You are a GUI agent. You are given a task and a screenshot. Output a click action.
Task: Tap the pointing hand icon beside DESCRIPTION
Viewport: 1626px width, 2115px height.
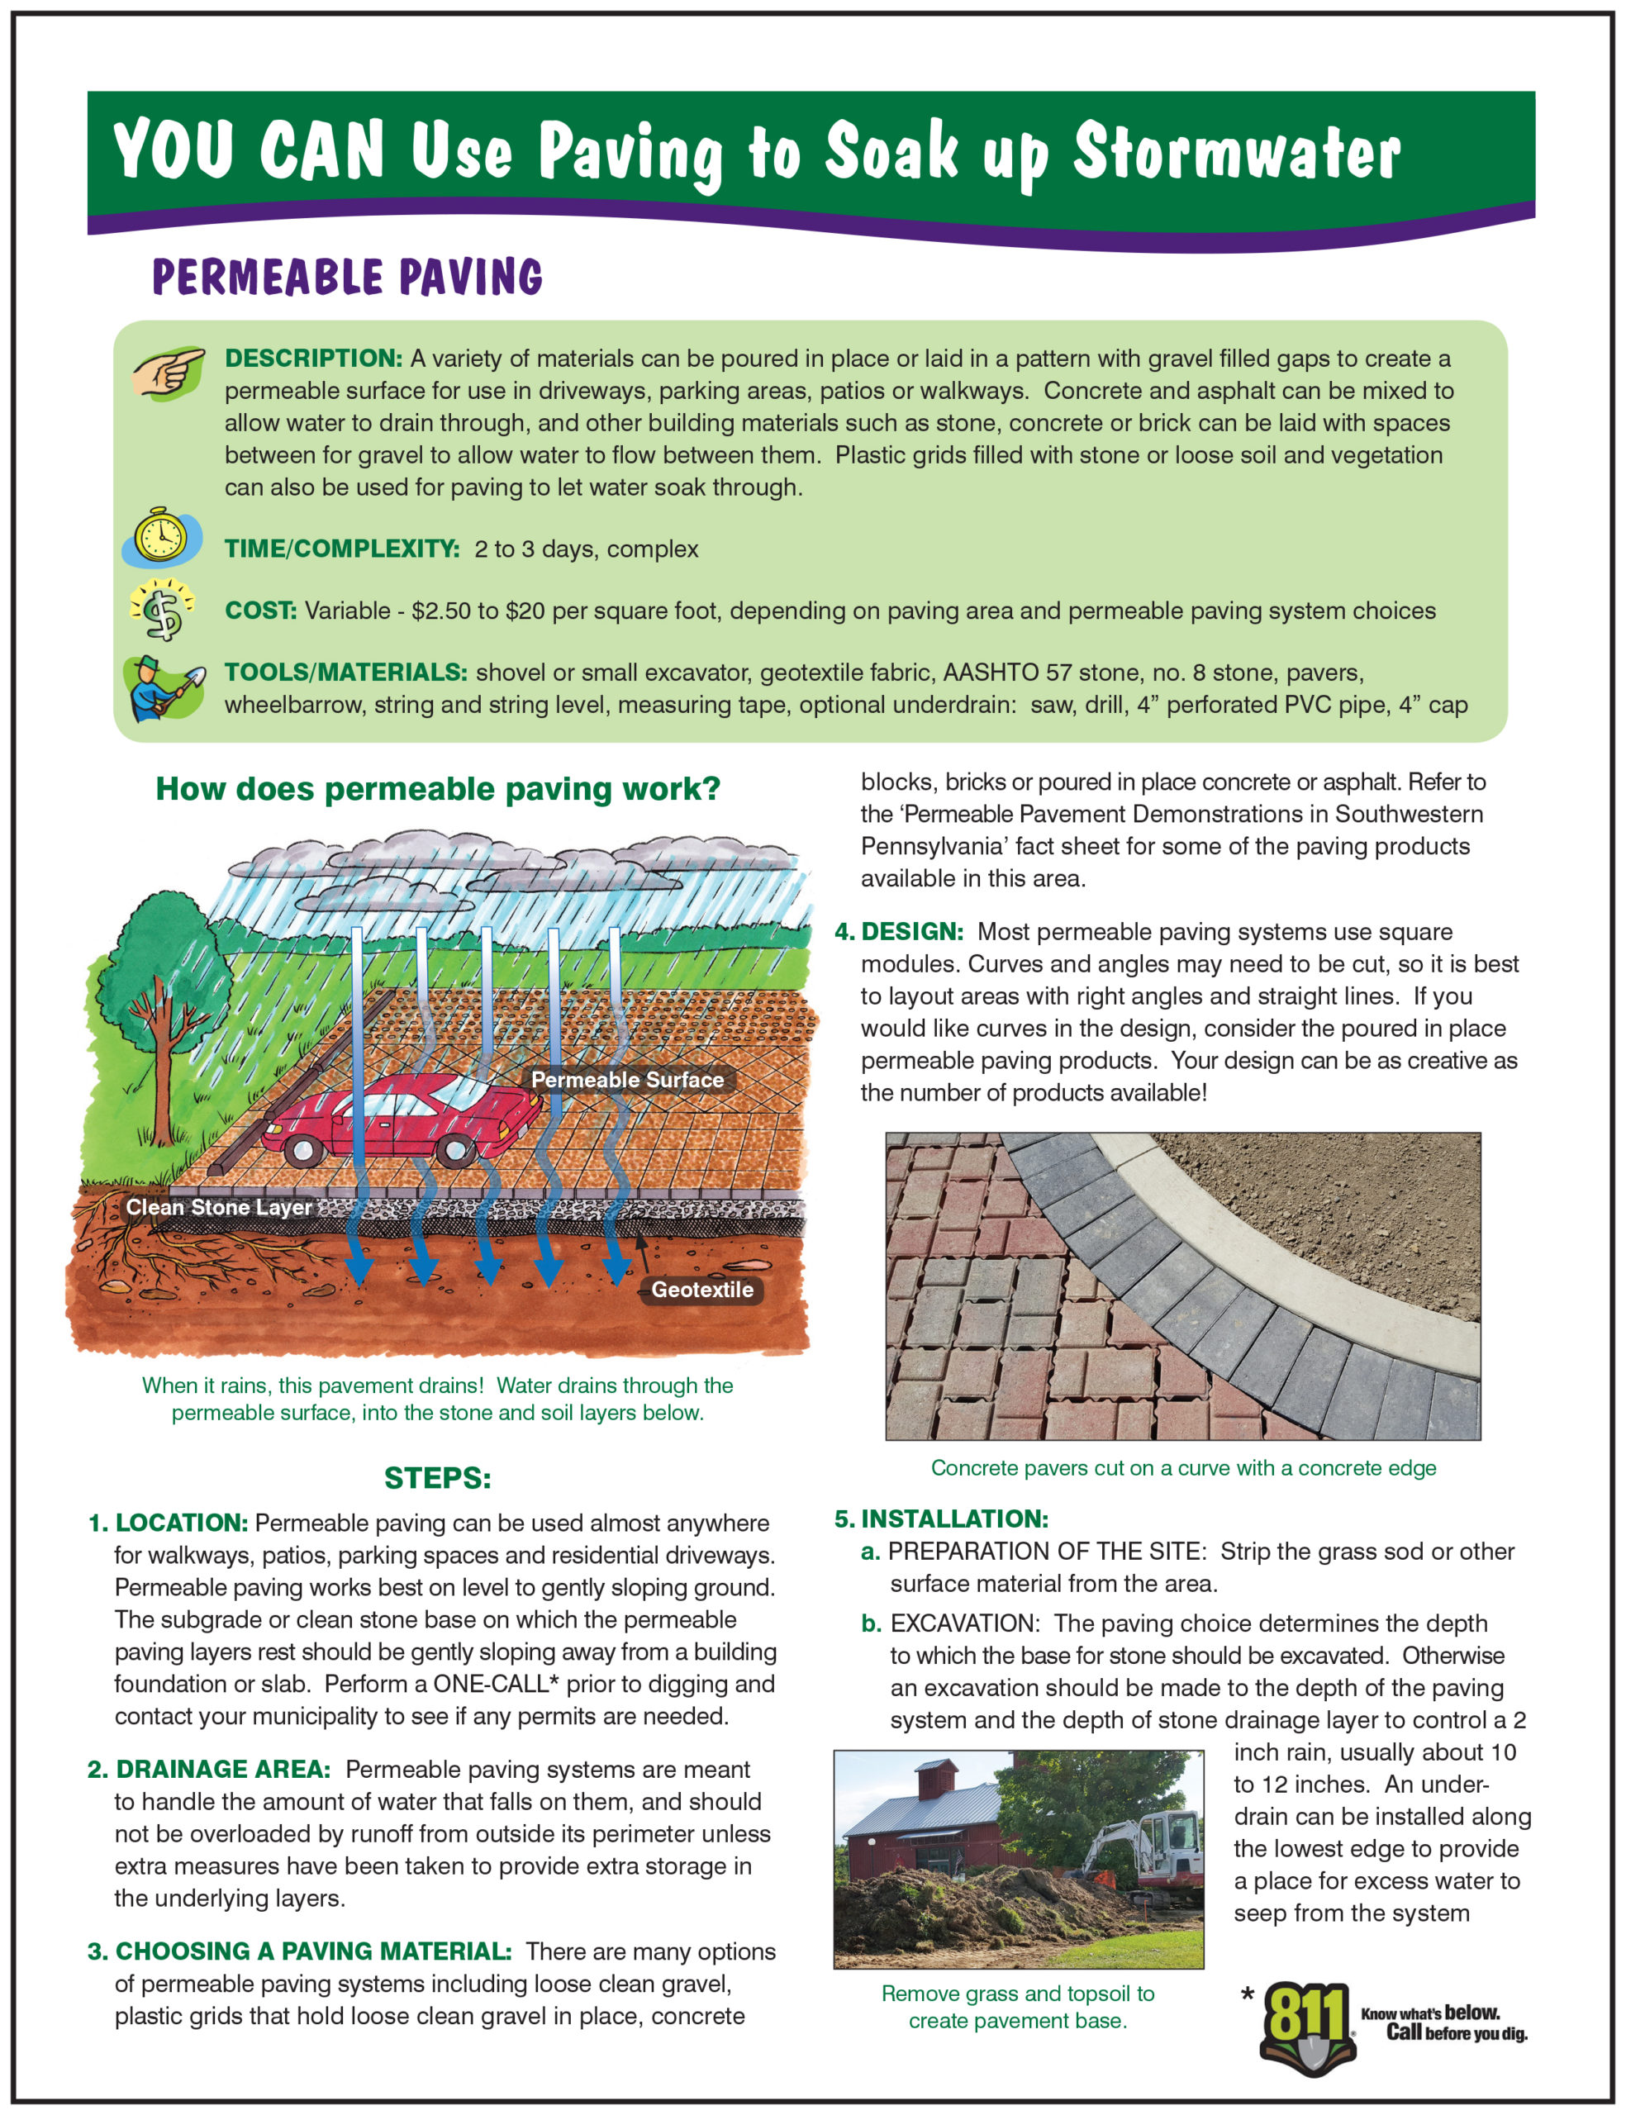[x=169, y=373]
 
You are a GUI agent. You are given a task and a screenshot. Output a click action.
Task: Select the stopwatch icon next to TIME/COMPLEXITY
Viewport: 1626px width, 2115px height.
[x=160, y=535]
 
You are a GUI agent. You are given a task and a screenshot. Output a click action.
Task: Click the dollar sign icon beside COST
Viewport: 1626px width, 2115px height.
[x=164, y=610]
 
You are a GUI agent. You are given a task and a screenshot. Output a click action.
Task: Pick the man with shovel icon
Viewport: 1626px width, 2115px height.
[x=162, y=688]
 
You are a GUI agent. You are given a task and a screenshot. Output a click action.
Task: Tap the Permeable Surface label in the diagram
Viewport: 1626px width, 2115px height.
[x=627, y=1080]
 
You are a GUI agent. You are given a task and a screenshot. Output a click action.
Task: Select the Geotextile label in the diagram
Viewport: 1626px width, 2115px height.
[x=701, y=1289]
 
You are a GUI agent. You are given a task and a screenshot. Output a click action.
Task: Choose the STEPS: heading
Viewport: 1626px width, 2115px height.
[x=437, y=1477]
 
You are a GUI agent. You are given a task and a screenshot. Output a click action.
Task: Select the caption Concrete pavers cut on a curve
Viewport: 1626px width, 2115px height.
[x=1182, y=1468]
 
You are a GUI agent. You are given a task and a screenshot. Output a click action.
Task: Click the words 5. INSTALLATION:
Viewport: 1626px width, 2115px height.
[x=941, y=1518]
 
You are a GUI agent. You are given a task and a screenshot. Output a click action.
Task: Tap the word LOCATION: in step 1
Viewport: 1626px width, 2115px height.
[x=181, y=1522]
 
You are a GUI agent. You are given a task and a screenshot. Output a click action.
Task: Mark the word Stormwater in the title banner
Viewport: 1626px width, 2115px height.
[x=1236, y=153]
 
